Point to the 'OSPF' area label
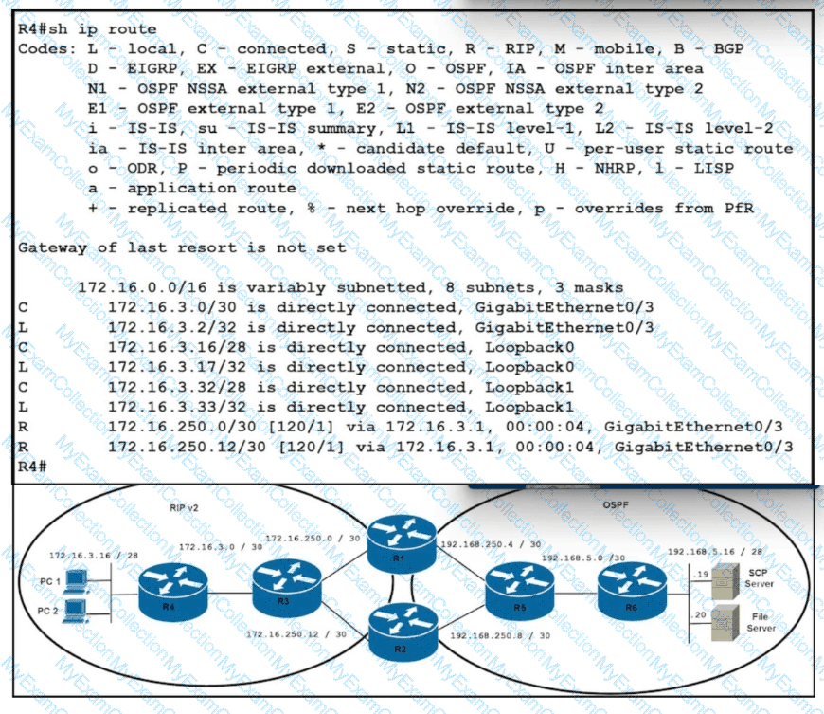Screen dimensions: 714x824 pos(616,504)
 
